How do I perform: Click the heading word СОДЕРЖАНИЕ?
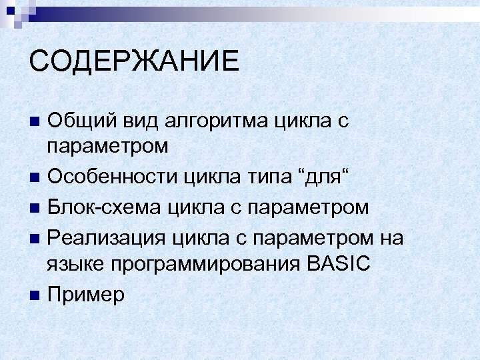click(x=134, y=61)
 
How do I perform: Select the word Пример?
click(x=86, y=294)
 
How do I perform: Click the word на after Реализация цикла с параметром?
click(x=392, y=236)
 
